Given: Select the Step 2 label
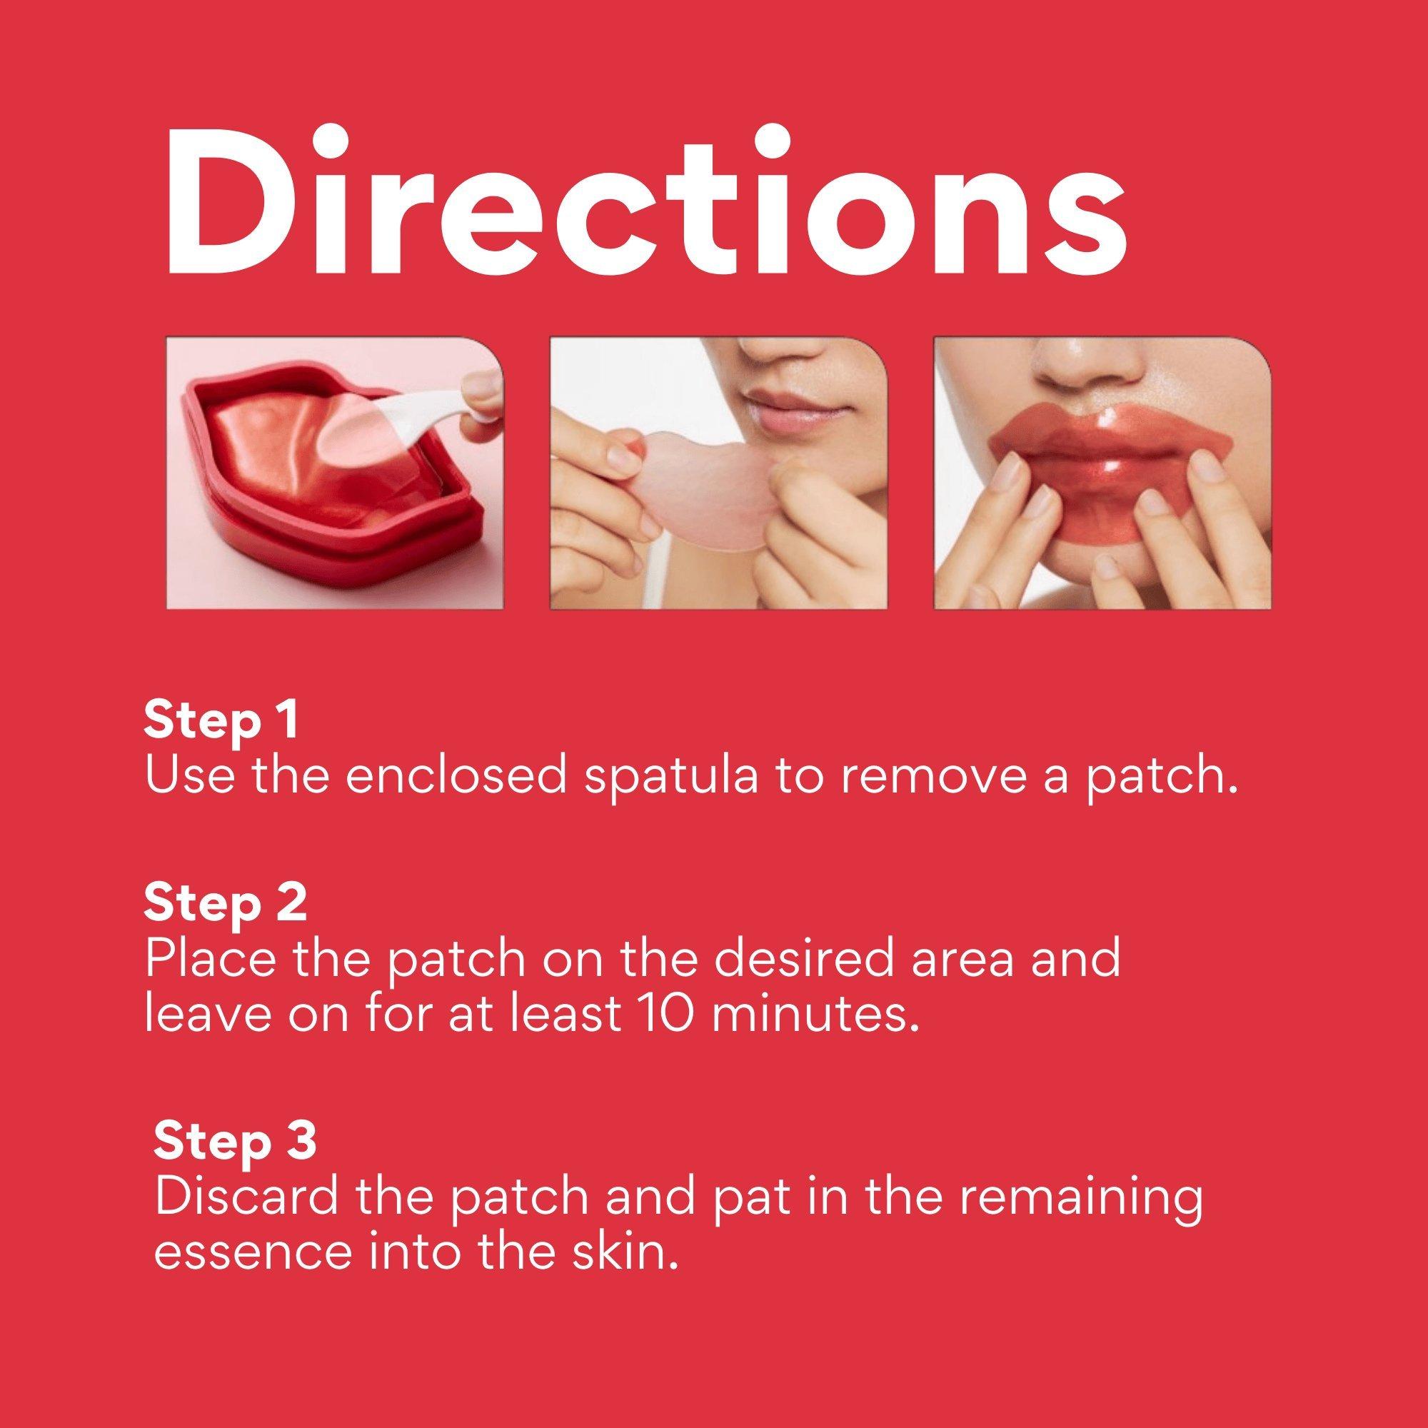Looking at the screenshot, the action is coord(225,905).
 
